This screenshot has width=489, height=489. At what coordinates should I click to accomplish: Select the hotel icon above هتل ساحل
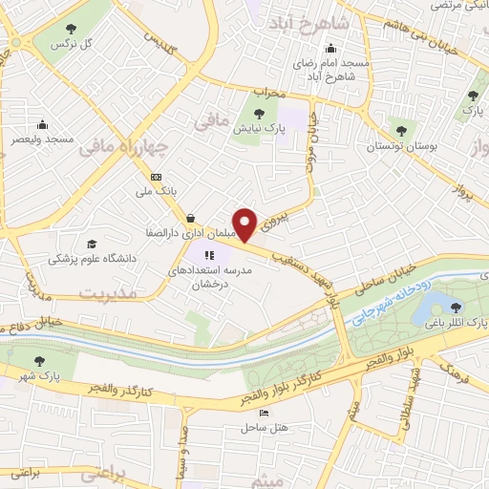coord(265,414)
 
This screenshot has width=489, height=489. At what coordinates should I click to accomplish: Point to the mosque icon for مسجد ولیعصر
coord(43,124)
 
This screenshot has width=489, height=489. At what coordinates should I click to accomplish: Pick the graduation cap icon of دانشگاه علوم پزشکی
coord(93,244)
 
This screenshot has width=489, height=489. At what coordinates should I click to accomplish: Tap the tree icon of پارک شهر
coord(39,360)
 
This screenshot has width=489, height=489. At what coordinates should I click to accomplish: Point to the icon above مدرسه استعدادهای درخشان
coord(209,254)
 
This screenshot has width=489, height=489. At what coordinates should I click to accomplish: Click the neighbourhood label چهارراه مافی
coord(123,146)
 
